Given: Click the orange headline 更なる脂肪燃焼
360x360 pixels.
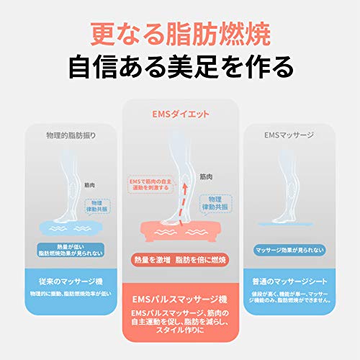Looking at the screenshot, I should [x=180, y=33].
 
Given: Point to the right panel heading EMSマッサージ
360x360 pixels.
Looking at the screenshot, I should [x=289, y=135].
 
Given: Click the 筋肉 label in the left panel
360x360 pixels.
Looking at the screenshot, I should [x=90, y=185].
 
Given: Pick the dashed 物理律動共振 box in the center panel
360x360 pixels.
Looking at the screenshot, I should [x=214, y=203].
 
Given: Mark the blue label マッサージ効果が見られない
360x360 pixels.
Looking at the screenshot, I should [x=289, y=250].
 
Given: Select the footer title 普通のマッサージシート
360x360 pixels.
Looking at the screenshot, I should [x=289, y=281].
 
